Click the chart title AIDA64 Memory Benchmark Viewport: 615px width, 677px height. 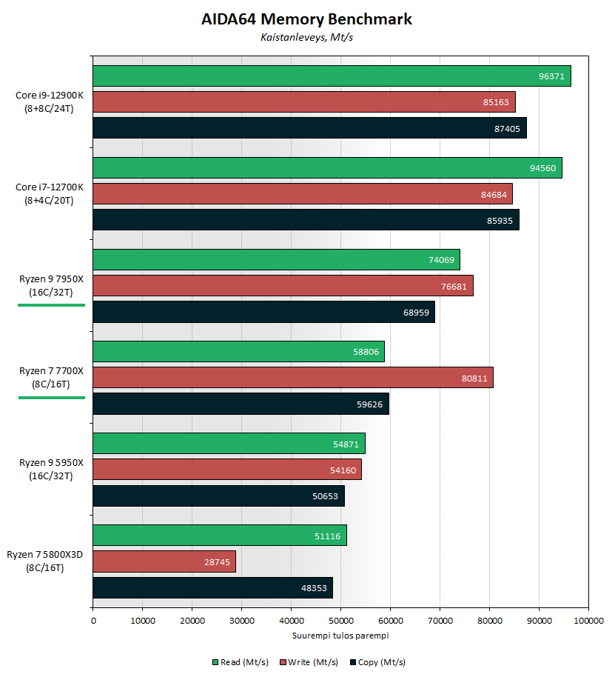(306, 19)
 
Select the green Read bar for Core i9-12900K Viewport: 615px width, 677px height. (332, 76)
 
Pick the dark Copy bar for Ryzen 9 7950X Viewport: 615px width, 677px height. (263, 312)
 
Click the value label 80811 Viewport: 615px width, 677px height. (474, 378)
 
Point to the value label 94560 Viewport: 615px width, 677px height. (543, 168)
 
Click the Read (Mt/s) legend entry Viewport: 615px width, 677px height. (241, 662)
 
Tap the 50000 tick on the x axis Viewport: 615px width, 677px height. (340, 621)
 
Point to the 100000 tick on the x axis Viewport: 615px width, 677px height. (588, 621)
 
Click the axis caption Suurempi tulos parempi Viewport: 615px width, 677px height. (340, 636)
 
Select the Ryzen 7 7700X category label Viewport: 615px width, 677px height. (52, 377)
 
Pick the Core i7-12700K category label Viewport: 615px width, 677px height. (50, 193)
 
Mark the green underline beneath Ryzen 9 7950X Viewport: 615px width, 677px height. (52, 304)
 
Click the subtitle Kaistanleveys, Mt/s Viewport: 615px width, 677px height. (306, 37)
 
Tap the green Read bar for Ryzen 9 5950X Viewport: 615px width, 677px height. (229, 444)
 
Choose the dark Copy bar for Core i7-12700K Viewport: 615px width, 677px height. (306, 220)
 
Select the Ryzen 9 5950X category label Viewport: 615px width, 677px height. (52, 469)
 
